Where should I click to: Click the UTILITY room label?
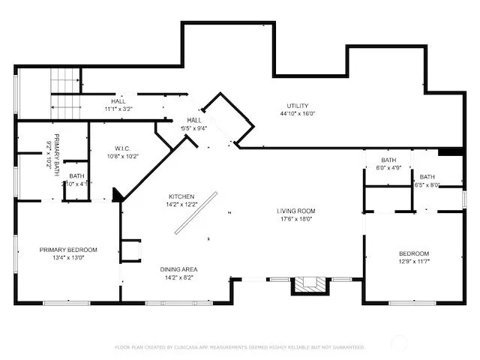297,106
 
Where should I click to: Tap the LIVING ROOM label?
295,211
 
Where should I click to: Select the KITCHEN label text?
181,196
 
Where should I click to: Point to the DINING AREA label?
178,268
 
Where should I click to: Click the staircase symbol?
65,93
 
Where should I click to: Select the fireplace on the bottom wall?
309,284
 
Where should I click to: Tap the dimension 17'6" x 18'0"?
295,220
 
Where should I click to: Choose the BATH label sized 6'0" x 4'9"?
388,163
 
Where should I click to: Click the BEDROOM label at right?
413,253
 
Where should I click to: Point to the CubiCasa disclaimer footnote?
239,347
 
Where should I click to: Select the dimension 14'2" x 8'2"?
178,277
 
